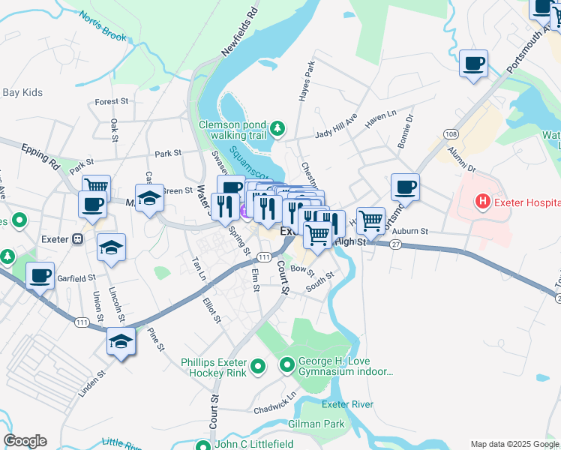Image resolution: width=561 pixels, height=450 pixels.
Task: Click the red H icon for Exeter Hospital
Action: (x=481, y=202)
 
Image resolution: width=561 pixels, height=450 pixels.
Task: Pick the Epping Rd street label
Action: (x=40, y=154)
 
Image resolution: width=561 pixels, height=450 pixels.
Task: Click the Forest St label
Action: (x=112, y=101)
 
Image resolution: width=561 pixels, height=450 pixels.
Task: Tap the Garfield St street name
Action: (x=76, y=277)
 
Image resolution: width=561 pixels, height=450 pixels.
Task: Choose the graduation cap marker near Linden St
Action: (x=121, y=340)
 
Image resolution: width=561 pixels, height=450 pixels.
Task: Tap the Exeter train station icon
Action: (x=76, y=239)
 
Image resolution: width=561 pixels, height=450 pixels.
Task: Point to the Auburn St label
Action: (x=409, y=232)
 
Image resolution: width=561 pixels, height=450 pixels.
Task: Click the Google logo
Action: (x=25, y=441)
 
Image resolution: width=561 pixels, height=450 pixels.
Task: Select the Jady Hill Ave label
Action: (x=335, y=127)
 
